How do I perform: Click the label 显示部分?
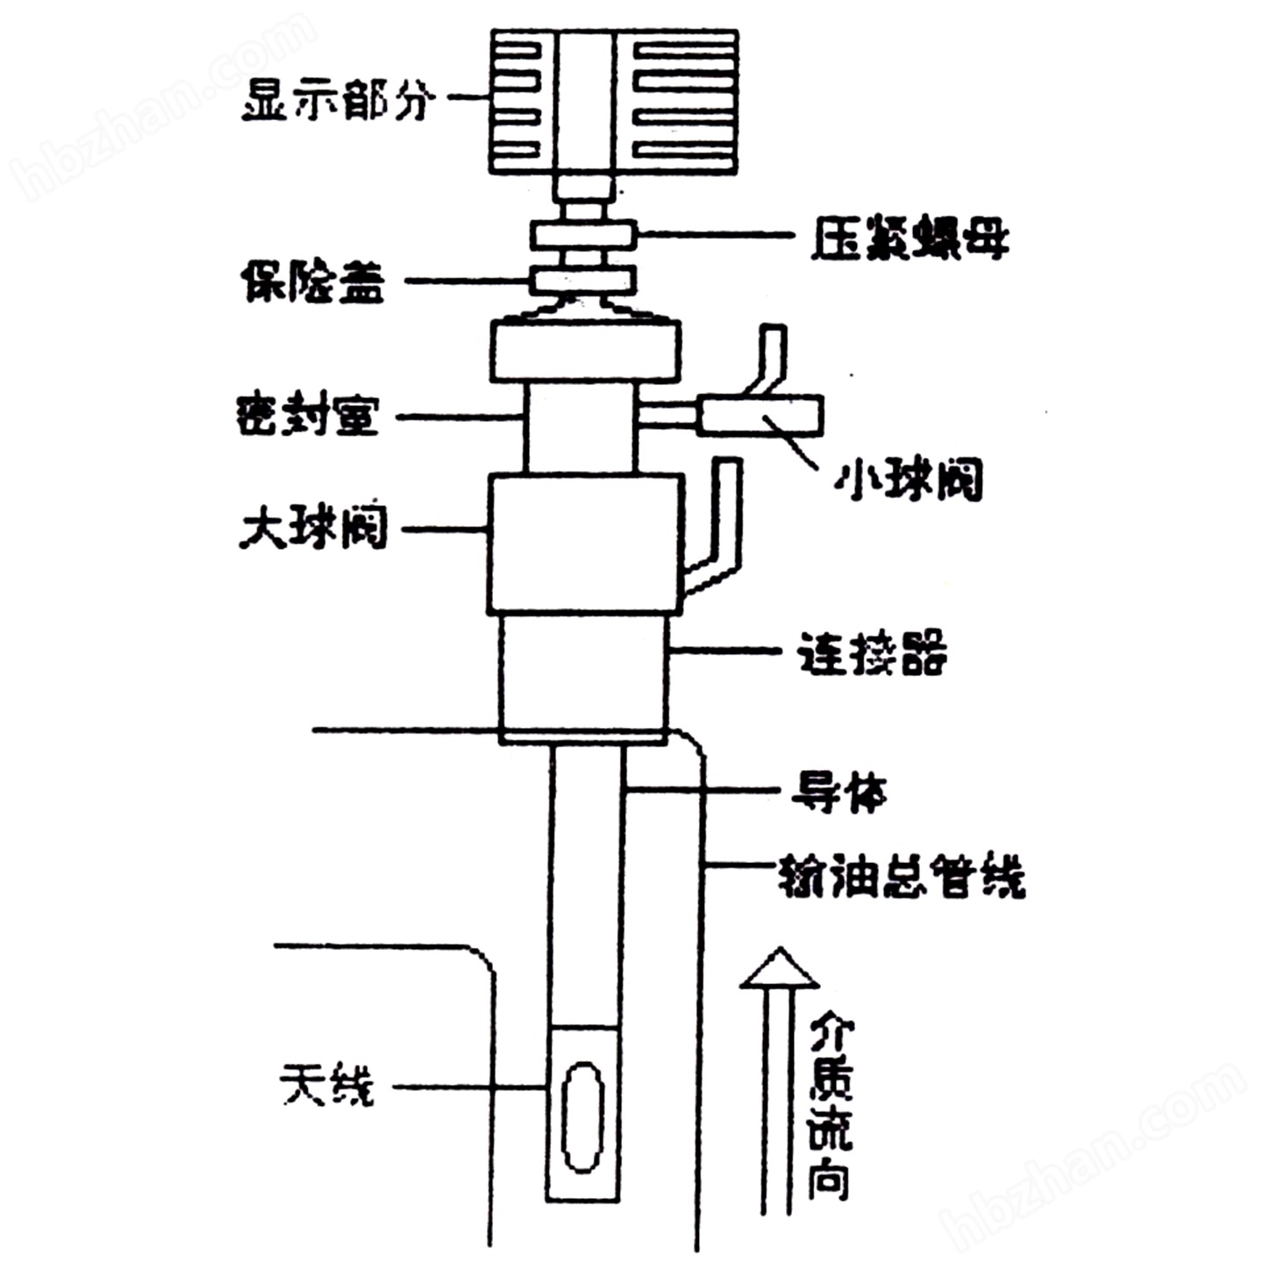click(338, 99)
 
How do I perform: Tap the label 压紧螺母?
click(909, 238)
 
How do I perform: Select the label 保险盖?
click(313, 282)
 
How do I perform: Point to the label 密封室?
click(307, 415)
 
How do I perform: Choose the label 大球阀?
click(313, 528)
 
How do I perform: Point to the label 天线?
click(326, 1086)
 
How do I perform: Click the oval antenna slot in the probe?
click(582, 1117)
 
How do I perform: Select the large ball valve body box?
click(585, 544)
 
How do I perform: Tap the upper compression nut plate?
click(582, 234)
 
